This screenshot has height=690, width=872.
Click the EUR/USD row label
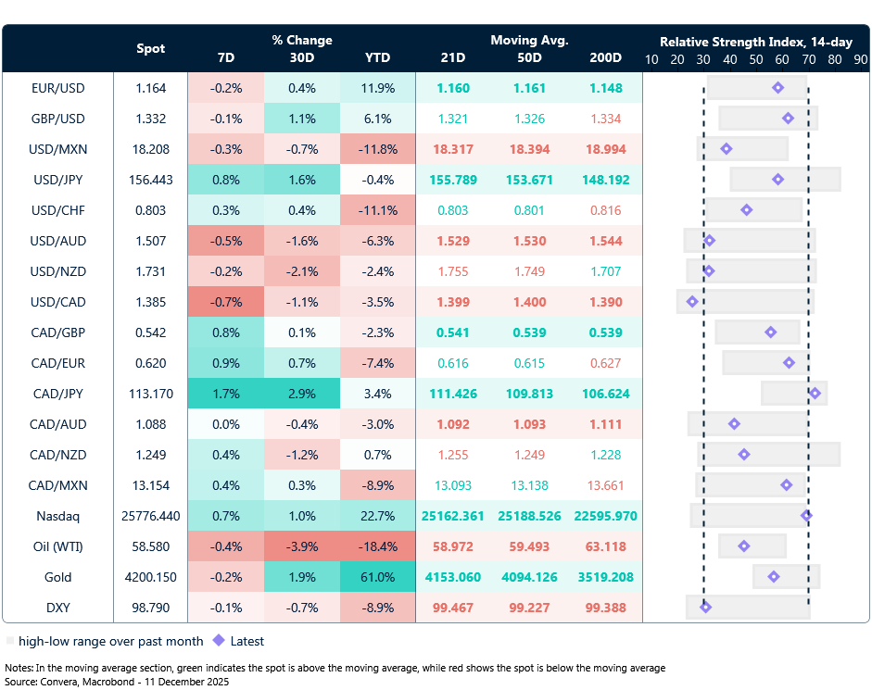point(57,88)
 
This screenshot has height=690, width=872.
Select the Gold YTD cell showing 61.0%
point(377,577)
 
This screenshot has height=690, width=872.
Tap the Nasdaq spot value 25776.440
point(151,516)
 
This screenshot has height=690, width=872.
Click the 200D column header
point(605,57)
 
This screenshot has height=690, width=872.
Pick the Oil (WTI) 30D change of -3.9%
point(301,546)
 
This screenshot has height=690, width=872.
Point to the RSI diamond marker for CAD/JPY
point(815,394)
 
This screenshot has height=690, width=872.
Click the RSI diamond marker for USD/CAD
point(691,302)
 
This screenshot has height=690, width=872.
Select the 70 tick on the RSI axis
point(808,59)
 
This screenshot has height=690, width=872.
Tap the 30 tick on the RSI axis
point(703,59)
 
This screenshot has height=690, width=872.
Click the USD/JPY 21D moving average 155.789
point(453,180)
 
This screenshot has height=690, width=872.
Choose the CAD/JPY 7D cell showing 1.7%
point(225,394)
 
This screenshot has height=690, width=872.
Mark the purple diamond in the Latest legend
point(219,640)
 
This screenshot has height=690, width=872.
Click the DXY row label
point(57,608)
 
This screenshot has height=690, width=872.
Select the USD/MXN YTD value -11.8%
point(377,149)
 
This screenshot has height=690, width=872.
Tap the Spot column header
point(151,48)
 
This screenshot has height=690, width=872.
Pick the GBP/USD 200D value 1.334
point(605,119)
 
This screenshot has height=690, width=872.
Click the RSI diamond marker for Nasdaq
point(806,516)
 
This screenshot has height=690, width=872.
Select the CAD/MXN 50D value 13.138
point(529,485)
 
